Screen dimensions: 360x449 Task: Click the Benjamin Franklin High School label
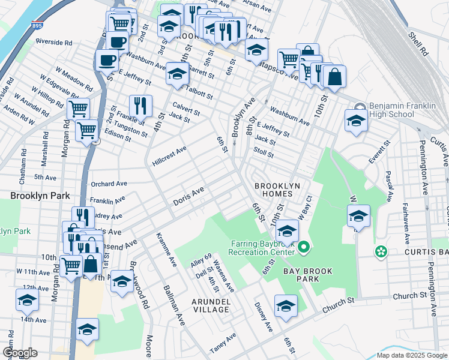click(403, 109)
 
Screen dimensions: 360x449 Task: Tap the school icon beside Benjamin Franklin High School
click(356, 119)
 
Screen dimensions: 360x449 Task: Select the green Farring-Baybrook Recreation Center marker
click(304, 247)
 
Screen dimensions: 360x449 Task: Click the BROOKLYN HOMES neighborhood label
click(277, 191)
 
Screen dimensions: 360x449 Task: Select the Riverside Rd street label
click(53, 43)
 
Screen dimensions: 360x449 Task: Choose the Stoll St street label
click(264, 154)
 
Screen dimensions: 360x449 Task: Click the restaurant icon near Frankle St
click(140, 105)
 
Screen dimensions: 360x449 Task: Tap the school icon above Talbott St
click(178, 73)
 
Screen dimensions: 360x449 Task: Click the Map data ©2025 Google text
click(411, 355)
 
